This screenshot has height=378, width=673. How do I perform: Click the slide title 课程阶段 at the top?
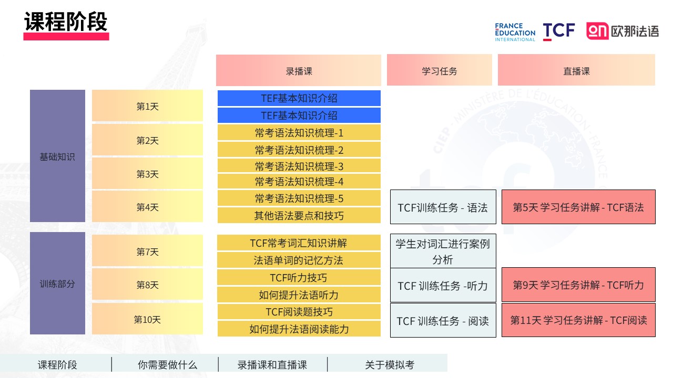[x=66, y=22]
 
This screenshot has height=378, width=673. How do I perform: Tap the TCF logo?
[x=559, y=31]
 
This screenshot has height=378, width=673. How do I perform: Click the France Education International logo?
[x=515, y=32]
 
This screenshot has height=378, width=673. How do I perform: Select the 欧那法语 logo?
[x=623, y=31]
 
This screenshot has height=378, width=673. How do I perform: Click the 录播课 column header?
[x=299, y=70]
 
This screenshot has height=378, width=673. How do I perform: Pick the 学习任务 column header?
[x=439, y=70]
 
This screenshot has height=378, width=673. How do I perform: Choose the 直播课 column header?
[x=576, y=70]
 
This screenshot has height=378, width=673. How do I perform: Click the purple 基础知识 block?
[x=57, y=156]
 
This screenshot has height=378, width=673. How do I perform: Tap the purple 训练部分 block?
[x=57, y=283]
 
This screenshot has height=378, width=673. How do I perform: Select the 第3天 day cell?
[x=147, y=174]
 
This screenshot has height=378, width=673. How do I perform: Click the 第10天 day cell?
[x=147, y=319]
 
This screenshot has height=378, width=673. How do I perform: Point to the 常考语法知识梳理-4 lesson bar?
[x=299, y=182]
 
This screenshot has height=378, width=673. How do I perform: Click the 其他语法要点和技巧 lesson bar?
[x=299, y=215]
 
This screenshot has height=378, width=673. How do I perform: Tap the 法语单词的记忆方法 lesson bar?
[x=299, y=260]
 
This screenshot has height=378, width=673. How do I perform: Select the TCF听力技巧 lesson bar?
[x=299, y=278]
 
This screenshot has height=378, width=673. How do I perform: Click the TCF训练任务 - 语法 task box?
[x=443, y=207]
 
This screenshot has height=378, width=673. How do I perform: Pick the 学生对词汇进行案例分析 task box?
[x=443, y=251]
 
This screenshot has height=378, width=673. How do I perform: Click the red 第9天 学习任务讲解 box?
[x=578, y=285]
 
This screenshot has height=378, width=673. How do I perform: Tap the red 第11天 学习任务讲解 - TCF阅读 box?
[x=578, y=320]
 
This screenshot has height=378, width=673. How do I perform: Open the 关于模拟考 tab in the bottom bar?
[x=390, y=365]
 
